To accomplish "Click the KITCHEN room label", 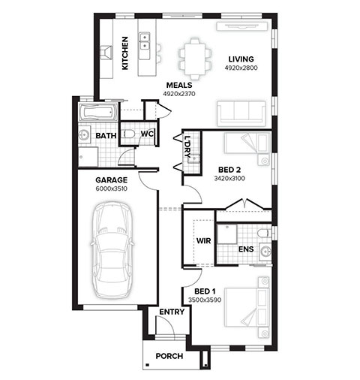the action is pyautogui.click(x=125, y=53).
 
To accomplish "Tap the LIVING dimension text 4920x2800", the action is pyautogui.click(x=241, y=68).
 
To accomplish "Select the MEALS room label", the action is pyautogui.click(x=179, y=85).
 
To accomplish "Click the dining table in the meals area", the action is pyautogui.click(x=195, y=59).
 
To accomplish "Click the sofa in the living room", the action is pyautogui.click(x=241, y=113).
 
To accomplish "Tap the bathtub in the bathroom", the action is pyautogui.click(x=98, y=113).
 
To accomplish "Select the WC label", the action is pyautogui.click(x=147, y=134).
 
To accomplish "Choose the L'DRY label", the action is pyautogui.click(x=187, y=146).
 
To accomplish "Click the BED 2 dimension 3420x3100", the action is pyautogui.click(x=229, y=179).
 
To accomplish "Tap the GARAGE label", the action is pyautogui.click(x=112, y=180).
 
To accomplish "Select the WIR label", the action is pyautogui.click(x=203, y=241).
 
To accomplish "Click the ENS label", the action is pyautogui.click(x=246, y=249).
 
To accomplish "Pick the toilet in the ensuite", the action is pyautogui.click(x=264, y=234).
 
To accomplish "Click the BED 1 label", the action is pyautogui.click(x=205, y=291).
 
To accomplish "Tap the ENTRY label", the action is pyautogui.click(x=172, y=312).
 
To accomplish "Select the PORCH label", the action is pyautogui.click(x=169, y=356).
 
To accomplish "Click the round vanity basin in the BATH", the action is pyautogui.click(x=84, y=135).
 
